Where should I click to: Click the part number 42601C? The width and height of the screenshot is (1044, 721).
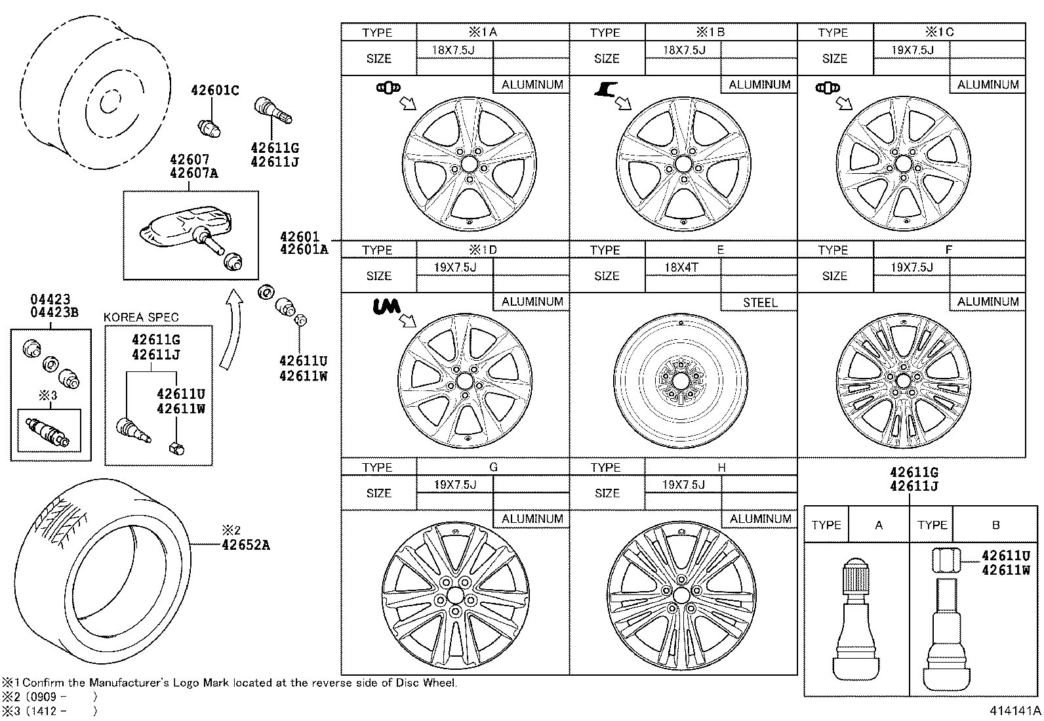point(214,91)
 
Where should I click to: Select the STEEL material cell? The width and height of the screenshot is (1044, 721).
point(759,302)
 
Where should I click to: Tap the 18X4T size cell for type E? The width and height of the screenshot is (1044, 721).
point(682,267)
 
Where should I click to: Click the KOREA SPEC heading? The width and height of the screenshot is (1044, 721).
point(141,317)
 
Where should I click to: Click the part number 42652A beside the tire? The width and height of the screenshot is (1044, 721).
point(245,545)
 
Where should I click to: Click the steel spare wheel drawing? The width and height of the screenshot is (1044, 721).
point(682,380)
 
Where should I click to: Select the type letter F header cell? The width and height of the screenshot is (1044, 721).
point(948,250)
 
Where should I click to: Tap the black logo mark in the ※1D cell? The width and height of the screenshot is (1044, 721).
point(387,306)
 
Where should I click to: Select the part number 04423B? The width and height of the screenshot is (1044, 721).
point(54,312)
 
